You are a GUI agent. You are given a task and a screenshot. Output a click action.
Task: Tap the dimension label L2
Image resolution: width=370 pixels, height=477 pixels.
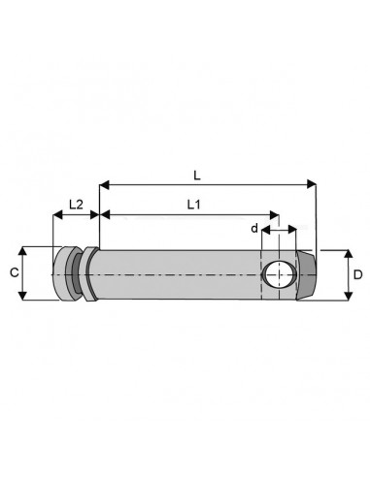tap(74, 205)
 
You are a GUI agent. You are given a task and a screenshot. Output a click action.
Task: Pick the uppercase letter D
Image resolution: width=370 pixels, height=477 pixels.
tap(357, 275)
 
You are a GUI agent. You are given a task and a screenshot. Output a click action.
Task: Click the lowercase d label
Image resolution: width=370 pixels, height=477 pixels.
tap(254, 229)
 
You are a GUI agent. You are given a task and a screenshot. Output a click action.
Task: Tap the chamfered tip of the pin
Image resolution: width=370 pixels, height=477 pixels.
tap(308, 275)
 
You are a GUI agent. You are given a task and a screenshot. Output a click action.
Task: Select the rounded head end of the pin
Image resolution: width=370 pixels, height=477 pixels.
tap(63, 275)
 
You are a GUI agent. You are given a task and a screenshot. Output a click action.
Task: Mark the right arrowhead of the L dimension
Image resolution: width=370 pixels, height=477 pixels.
tap(312, 181)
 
